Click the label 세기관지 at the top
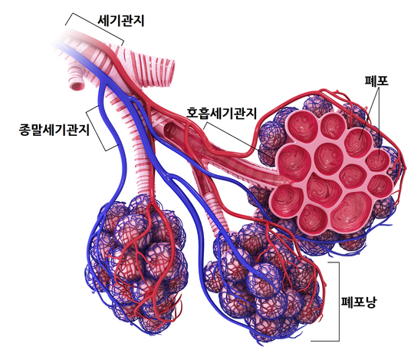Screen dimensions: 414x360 tap(121, 21)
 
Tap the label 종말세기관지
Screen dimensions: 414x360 tap(54, 130)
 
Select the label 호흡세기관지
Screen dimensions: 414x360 tap(222, 113)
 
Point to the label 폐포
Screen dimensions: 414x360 tap(376, 81)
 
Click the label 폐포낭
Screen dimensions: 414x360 tap(359, 302)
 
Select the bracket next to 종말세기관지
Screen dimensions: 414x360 tap(97, 129)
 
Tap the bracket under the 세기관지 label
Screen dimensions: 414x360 tap(94, 27)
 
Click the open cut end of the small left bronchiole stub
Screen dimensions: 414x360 tap(77, 86)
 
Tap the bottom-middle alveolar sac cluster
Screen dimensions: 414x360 tap(264, 282)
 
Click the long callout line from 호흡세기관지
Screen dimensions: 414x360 tap(240, 140)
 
